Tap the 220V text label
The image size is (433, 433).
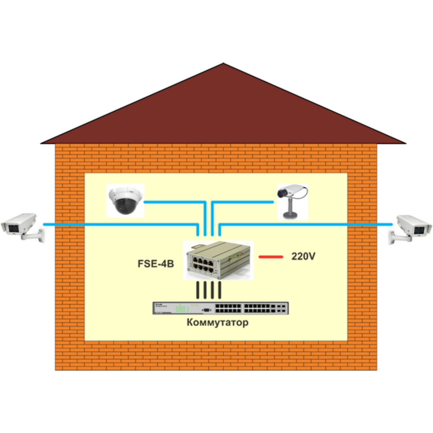303,256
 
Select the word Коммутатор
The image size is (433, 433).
218,323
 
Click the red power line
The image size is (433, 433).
271,257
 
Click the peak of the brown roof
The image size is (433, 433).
223,65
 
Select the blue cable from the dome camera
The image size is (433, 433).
173,202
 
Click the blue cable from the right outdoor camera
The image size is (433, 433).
303,224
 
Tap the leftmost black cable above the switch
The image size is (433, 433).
197,290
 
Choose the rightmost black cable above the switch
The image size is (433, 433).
220,290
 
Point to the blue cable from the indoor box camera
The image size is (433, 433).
242,202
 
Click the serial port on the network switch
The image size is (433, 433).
207,309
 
